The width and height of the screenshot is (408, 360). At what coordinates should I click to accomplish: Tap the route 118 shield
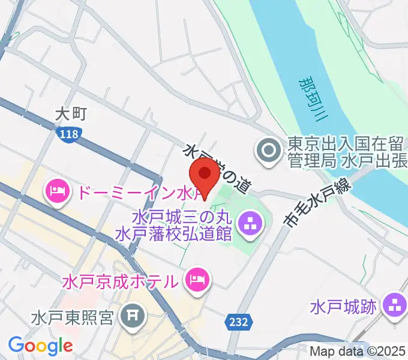69,134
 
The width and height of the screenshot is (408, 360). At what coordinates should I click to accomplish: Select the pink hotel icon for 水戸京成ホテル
196,279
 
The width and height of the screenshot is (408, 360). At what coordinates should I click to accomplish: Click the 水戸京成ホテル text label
119,280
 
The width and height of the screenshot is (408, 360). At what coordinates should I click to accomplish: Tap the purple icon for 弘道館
248,224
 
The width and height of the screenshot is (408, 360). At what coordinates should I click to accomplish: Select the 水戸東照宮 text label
73,316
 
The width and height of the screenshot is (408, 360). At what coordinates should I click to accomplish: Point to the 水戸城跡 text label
344,307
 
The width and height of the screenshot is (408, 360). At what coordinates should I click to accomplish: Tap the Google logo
40,346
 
